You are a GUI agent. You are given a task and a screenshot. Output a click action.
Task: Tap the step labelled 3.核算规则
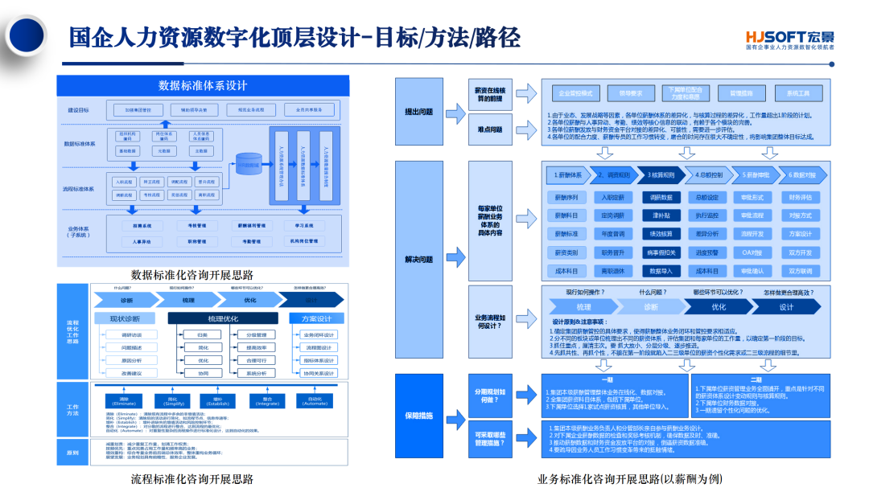pyautogui.click(x=661, y=174)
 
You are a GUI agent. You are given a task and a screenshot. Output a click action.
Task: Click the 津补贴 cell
pyautogui.click(x=661, y=215)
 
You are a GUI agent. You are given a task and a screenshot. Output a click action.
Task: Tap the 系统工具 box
pyautogui.click(x=798, y=93)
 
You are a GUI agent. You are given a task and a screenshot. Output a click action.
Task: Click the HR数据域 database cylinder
pyautogui.click(x=249, y=164)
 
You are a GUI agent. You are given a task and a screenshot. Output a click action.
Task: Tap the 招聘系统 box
pyautogui.click(x=142, y=227)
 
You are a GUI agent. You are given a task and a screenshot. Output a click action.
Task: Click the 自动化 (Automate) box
pyautogui.click(x=315, y=400)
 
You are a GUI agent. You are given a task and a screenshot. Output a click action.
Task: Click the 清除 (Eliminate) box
pyautogui.click(x=124, y=400)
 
